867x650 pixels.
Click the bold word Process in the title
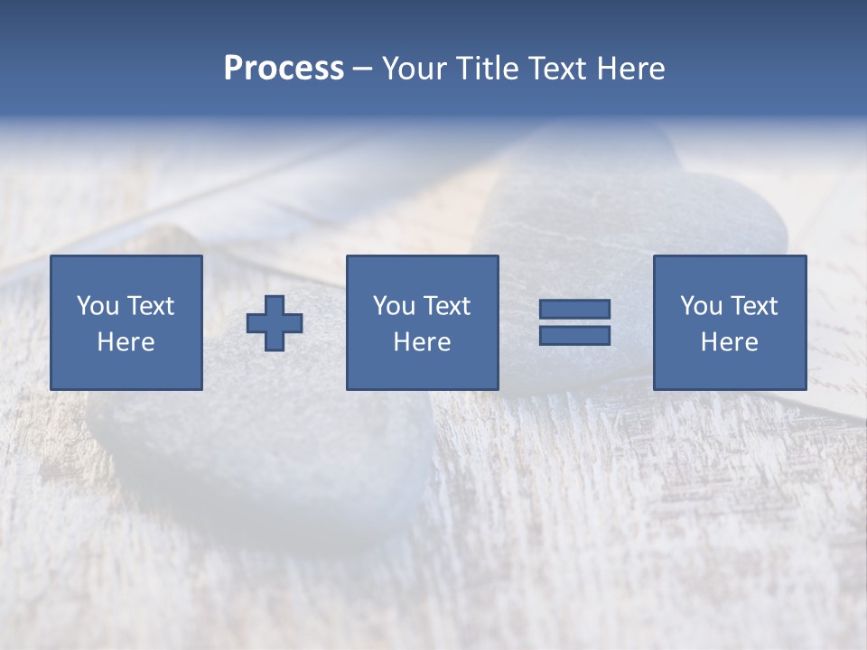(284, 69)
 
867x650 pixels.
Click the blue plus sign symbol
(275, 323)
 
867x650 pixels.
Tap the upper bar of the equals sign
(574, 310)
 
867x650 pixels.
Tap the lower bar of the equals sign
(574, 335)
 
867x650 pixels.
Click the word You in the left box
(98, 306)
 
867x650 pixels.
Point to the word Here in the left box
(126, 342)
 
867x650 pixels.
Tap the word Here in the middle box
(422, 342)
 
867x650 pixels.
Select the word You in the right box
(701, 306)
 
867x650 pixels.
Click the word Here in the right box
(729, 342)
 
